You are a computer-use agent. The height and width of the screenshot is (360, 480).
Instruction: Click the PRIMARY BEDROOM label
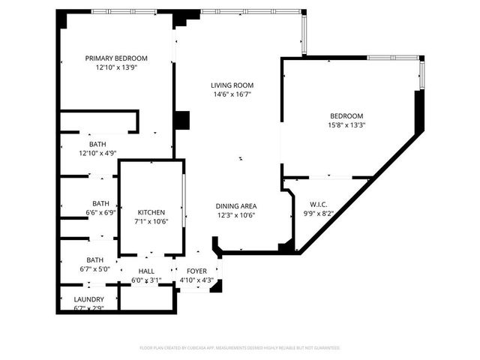[115, 58]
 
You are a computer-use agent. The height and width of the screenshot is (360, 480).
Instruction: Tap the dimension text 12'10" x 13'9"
[115, 67]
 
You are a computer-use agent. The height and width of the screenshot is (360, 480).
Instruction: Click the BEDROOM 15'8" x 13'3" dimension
[346, 125]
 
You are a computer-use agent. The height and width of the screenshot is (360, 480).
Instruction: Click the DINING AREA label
[236, 206]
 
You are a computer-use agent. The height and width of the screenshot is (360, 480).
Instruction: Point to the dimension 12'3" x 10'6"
[236, 215]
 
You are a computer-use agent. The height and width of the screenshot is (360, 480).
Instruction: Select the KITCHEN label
[151, 212]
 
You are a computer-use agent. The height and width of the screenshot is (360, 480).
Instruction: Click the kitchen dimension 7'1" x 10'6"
[151, 221]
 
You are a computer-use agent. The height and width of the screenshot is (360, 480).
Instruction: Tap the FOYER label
[196, 271]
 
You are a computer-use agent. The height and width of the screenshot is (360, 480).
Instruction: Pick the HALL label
[146, 271]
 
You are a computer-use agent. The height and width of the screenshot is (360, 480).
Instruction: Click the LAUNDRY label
[88, 299]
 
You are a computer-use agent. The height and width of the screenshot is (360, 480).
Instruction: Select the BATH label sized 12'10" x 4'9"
[97, 144]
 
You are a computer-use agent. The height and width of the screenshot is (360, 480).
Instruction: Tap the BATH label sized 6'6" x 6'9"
[100, 203]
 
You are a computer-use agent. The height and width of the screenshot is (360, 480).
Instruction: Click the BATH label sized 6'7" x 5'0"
[94, 260]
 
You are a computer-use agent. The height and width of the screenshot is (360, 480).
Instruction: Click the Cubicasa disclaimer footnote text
[240, 348]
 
